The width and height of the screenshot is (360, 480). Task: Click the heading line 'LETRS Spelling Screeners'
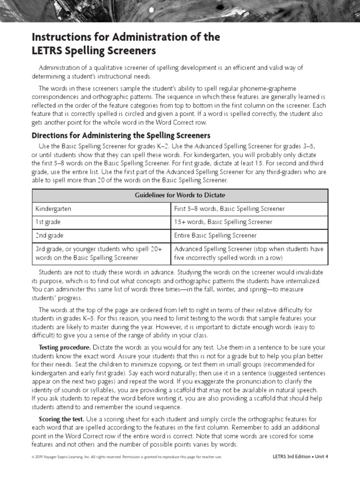pyautogui.click(x=94, y=50)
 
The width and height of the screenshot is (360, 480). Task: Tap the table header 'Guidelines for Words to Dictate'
pyautogui.click(x=180, y=195)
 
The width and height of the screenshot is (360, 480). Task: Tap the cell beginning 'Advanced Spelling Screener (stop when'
pyautogui.click(x=248, y=253)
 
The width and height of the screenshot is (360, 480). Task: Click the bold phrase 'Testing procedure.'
pyautogui.click(x=65, y=347)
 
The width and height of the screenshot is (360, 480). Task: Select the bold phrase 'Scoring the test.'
pyautogui.click(x=61, y=419)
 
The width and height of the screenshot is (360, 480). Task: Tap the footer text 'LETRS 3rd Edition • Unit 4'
pyautogui.click(x=300, y=457)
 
